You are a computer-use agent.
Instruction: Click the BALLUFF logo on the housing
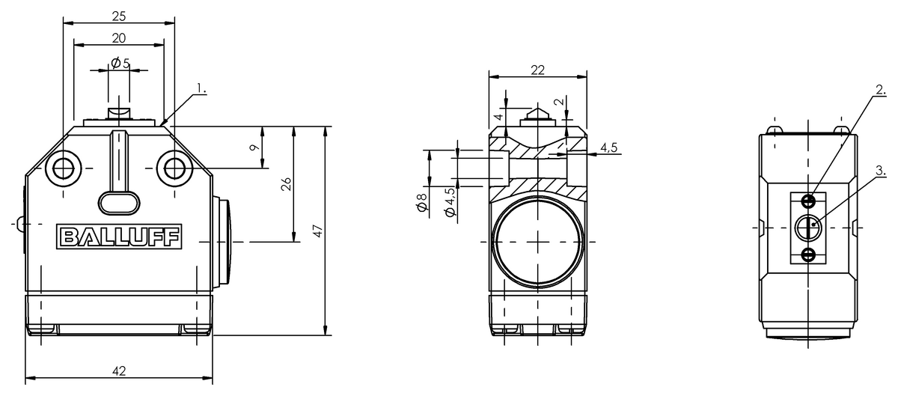119,237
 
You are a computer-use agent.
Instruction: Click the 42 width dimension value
119,371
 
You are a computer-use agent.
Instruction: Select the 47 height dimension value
318,231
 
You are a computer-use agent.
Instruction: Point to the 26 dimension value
286,184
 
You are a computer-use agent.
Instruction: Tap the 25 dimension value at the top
119,16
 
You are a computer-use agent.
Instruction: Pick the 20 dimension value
119,38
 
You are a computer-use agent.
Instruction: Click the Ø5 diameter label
120,63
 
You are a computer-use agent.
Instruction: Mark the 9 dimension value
254,147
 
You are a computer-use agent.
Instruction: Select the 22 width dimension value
537,70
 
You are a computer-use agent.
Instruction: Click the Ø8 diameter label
422,202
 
